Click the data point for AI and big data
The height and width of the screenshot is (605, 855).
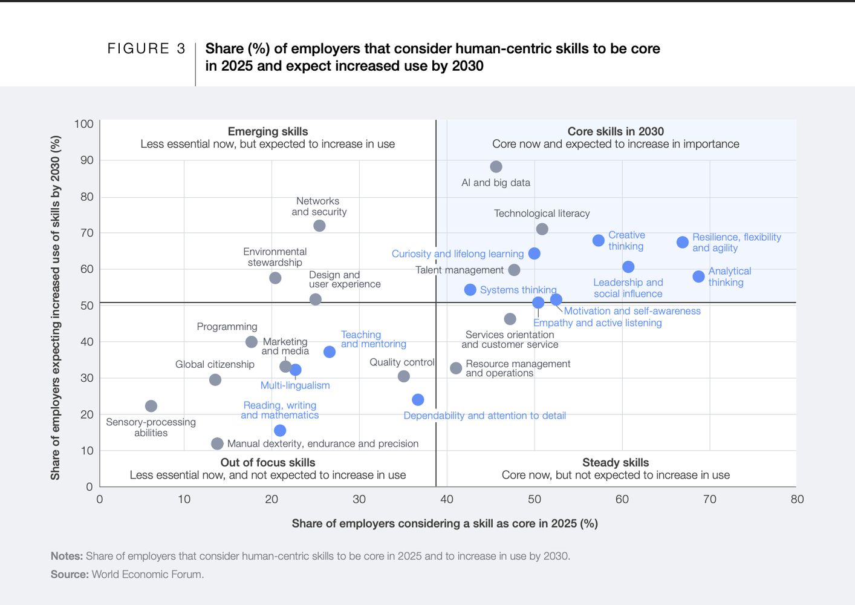pos(496,167)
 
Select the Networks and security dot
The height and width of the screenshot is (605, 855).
pos(319,226)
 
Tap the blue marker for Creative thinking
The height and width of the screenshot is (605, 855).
pos(598,241)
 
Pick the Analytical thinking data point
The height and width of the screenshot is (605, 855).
pos(698,276)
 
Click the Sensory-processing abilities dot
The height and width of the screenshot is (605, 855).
pos(151,406)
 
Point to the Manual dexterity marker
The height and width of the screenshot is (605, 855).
pos(217,443)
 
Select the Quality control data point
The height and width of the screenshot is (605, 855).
pos(403,376)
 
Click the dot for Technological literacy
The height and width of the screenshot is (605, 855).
pos(542,229)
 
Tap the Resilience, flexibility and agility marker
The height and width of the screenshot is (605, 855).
pos(682,243)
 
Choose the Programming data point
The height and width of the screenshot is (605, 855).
pos(252,342)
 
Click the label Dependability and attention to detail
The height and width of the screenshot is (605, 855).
pos(484,416)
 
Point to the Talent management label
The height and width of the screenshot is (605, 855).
pos(459,270)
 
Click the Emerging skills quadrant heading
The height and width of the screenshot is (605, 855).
pos(267,131)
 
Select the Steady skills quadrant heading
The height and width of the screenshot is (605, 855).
pos(615,462)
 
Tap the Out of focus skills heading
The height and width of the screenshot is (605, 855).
pos(267,462)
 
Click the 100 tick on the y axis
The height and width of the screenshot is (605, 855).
pos(83,124)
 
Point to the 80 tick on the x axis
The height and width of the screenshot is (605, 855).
pos(796,499)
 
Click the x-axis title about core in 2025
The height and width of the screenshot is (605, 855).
pos(444,523)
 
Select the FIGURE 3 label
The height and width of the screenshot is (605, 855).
pos(146,49)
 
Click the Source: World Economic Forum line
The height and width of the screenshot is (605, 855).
pos(127,574)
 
